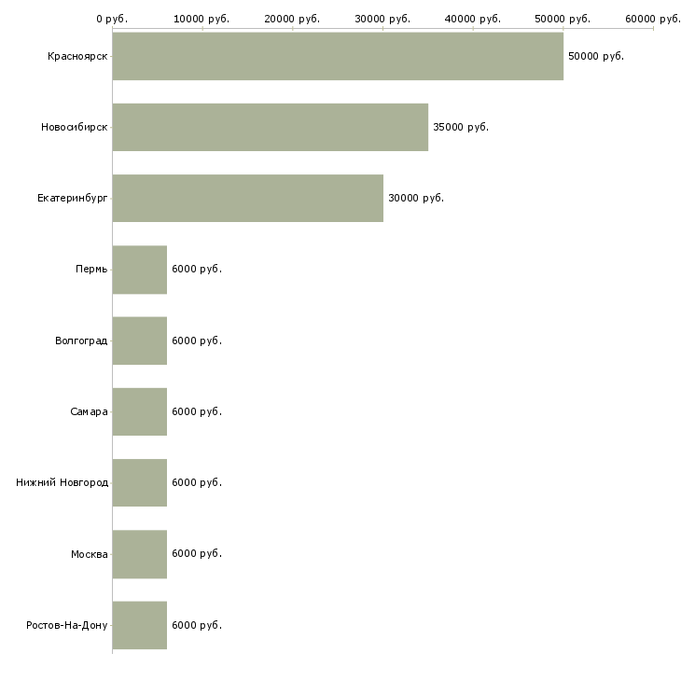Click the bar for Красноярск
point(337,56)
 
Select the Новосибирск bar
point(270,127)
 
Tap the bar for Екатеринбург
point(247,198)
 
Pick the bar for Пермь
point(139,270)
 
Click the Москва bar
point(139,554)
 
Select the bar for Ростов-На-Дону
point(139,625)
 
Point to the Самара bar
point(139,411)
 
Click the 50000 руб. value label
point(595,56)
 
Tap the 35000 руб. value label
point(461,127)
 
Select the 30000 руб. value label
point(416,198)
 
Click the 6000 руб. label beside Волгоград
point(197,340)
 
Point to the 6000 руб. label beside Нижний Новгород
point(197,482)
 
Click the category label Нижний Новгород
point(62,482)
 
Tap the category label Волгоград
point(81,340)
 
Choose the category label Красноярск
point(77,56)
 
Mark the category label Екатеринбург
point(72,198)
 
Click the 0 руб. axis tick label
point(112,18)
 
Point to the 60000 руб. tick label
point(652,18)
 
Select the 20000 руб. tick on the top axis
point(292,18)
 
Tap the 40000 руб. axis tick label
point(473,18)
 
